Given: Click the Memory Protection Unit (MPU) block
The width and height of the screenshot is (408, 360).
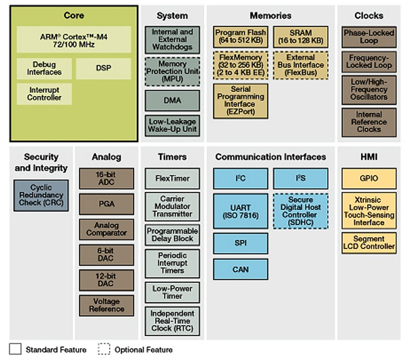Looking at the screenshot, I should click(x=172, y=69).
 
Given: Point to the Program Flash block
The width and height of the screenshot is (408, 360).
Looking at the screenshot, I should click(x=240, y=37).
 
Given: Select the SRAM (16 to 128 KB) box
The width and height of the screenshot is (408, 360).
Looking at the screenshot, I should click(x=301, y=37).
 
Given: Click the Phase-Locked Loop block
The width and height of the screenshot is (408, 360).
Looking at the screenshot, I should click(x=369, y=37).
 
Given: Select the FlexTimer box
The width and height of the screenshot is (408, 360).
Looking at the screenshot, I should click(x=172, y=179).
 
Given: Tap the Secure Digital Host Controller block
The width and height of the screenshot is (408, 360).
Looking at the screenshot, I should click(x=301, y=210).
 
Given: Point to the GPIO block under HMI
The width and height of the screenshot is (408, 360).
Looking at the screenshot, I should click(x=369, y=179).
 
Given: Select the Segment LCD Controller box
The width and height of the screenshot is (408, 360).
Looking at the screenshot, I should click(x=369, y=242).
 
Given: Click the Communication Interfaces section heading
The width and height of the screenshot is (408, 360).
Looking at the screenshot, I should click(x=271, y=157).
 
